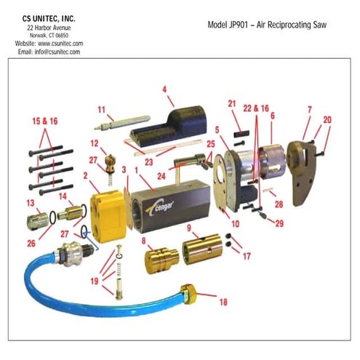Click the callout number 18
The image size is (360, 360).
pos(222,300)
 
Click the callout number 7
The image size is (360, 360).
pos(308,109)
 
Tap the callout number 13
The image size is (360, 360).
pos(31,201)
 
